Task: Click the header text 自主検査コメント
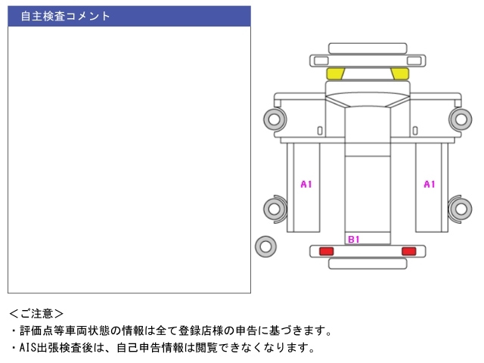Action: point(66,16)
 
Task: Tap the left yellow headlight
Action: point(335,73)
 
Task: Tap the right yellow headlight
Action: point(399,73)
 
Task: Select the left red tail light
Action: point(326,251)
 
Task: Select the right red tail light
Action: point(408,251)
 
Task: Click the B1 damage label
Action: point(353,240)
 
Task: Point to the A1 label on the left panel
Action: point(306,184)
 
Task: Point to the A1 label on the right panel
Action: point(429,184)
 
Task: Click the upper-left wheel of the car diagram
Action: point(274,118)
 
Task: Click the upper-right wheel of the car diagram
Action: point(461,118)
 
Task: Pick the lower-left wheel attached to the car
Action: point(274,209)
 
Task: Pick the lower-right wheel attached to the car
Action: point(461,209)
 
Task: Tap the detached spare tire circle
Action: point(265,246)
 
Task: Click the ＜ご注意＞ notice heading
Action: point(37,312)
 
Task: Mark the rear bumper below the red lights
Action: point(367,263)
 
